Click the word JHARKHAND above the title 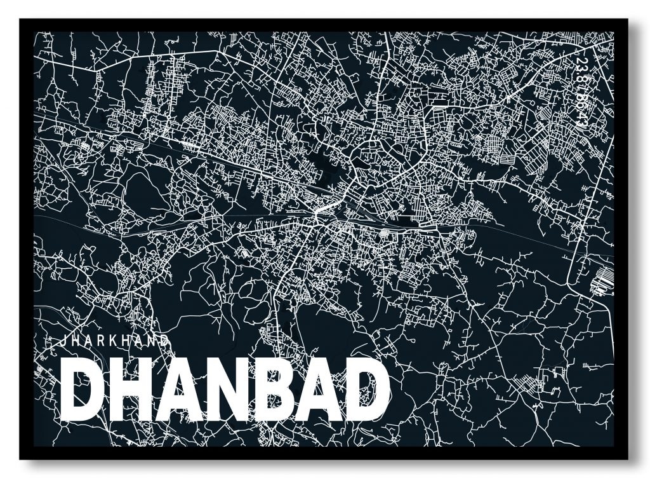pos(112,340)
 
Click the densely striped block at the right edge pos(600,280)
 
